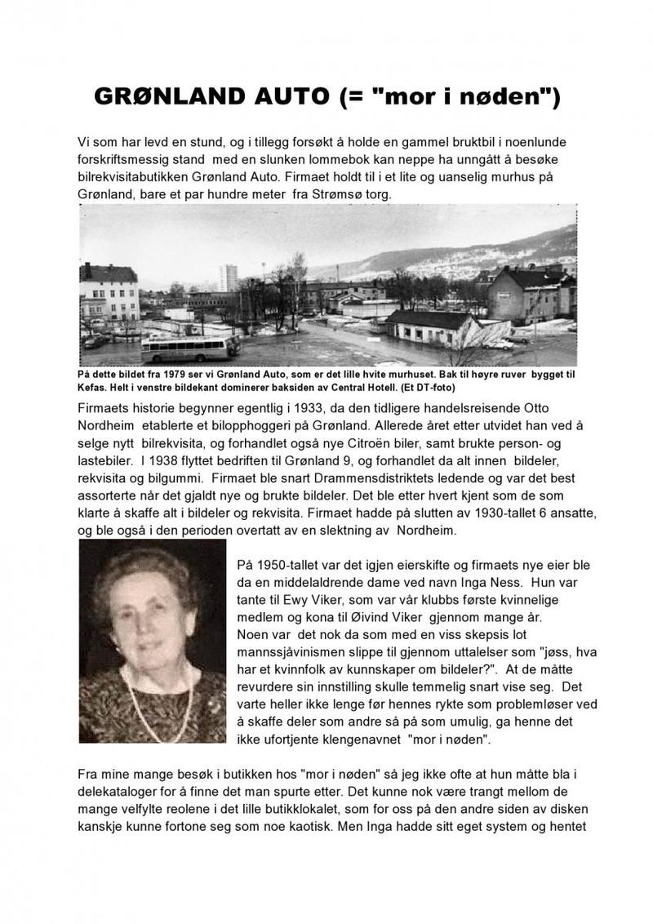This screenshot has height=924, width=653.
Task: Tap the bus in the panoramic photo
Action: click(x=190, y=349)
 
